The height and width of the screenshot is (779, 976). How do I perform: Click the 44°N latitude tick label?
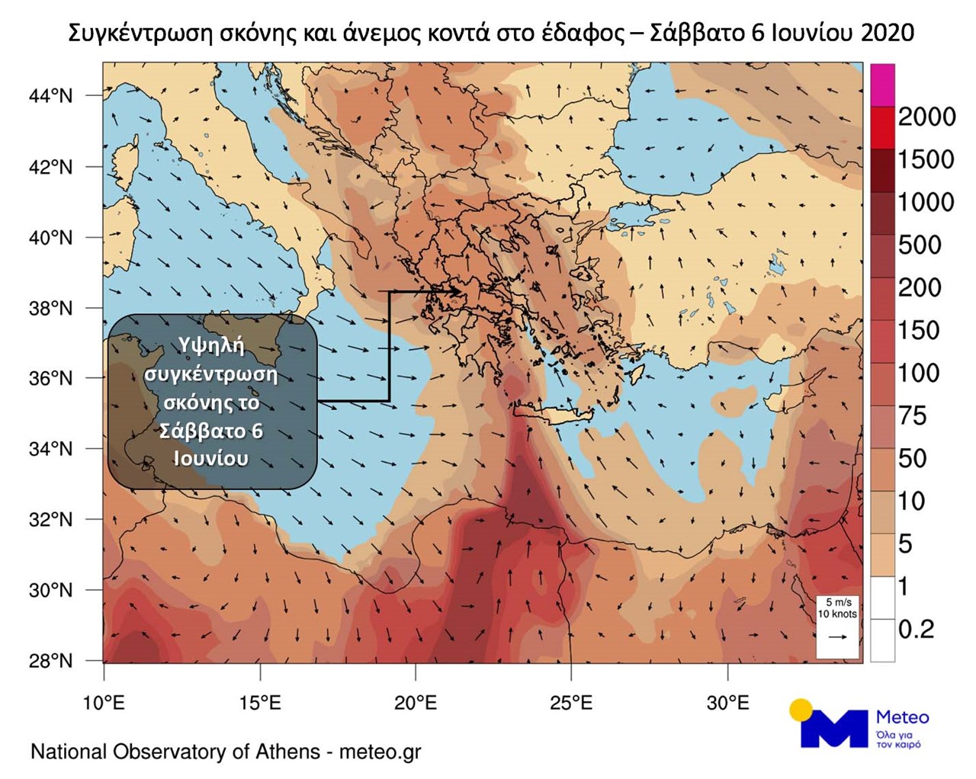pos(51,96)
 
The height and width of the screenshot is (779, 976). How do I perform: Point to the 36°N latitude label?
pos(51,379)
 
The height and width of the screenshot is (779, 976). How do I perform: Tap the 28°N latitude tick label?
pos(51,661)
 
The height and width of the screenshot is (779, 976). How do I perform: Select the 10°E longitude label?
pos(104,703)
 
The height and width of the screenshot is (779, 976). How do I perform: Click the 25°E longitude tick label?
pos(571,703)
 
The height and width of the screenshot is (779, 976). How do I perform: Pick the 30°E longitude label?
pos(727,703)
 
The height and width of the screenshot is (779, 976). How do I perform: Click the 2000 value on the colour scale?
pos(926,117)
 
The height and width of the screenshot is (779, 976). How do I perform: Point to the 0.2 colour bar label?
pos(916,629)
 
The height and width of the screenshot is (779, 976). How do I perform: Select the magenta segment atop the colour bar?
pos(882,85)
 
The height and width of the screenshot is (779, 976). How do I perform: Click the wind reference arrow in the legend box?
pos(837,636)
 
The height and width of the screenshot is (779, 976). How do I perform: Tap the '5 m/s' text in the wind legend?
pos(839,602)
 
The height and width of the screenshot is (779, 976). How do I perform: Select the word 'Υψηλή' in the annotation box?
pos(212,345)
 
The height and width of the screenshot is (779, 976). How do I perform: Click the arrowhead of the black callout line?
pos(457,290)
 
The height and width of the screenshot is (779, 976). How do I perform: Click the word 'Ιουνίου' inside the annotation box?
pos(210,459)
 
